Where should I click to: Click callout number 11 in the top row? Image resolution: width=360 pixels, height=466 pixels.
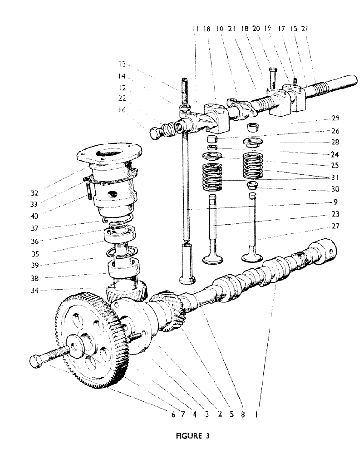click(x=195, y=28)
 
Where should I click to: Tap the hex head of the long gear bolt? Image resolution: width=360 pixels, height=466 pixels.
click(x=37, y=362)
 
